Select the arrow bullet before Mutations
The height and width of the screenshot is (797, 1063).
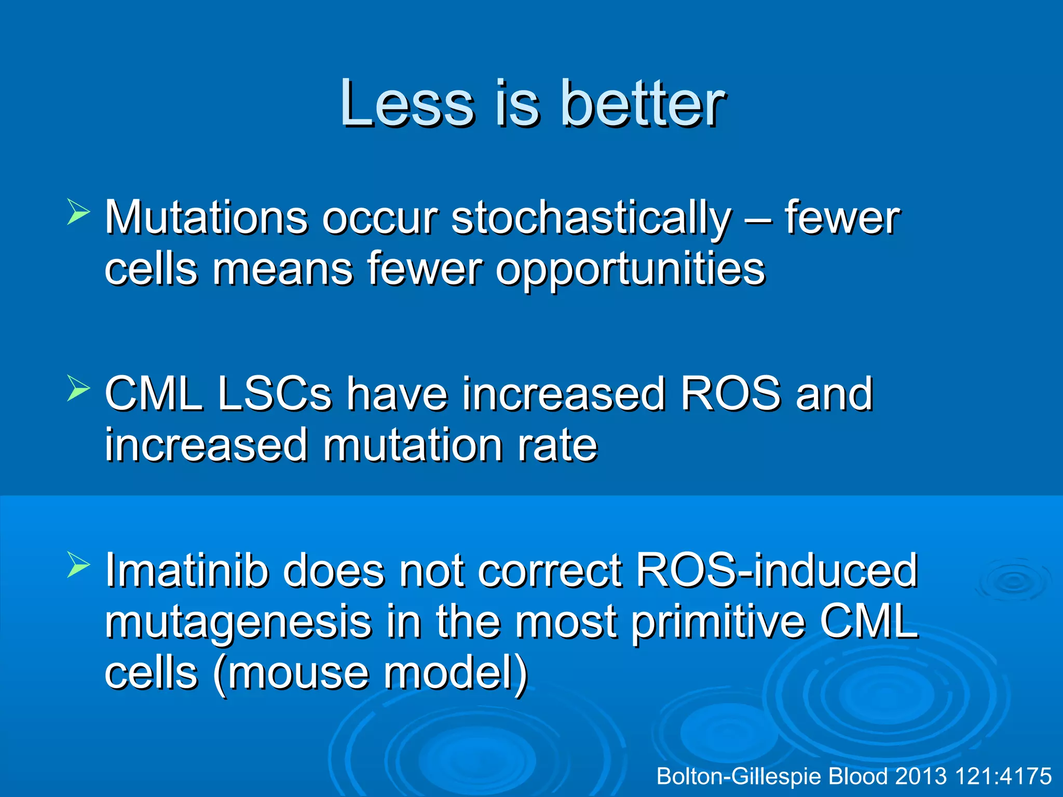tap(78, 213)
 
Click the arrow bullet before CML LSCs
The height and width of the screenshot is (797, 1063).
tap(78, 390)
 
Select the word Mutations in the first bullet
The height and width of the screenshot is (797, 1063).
tap(206, 218)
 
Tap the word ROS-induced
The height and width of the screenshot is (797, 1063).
tap(776, 571)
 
